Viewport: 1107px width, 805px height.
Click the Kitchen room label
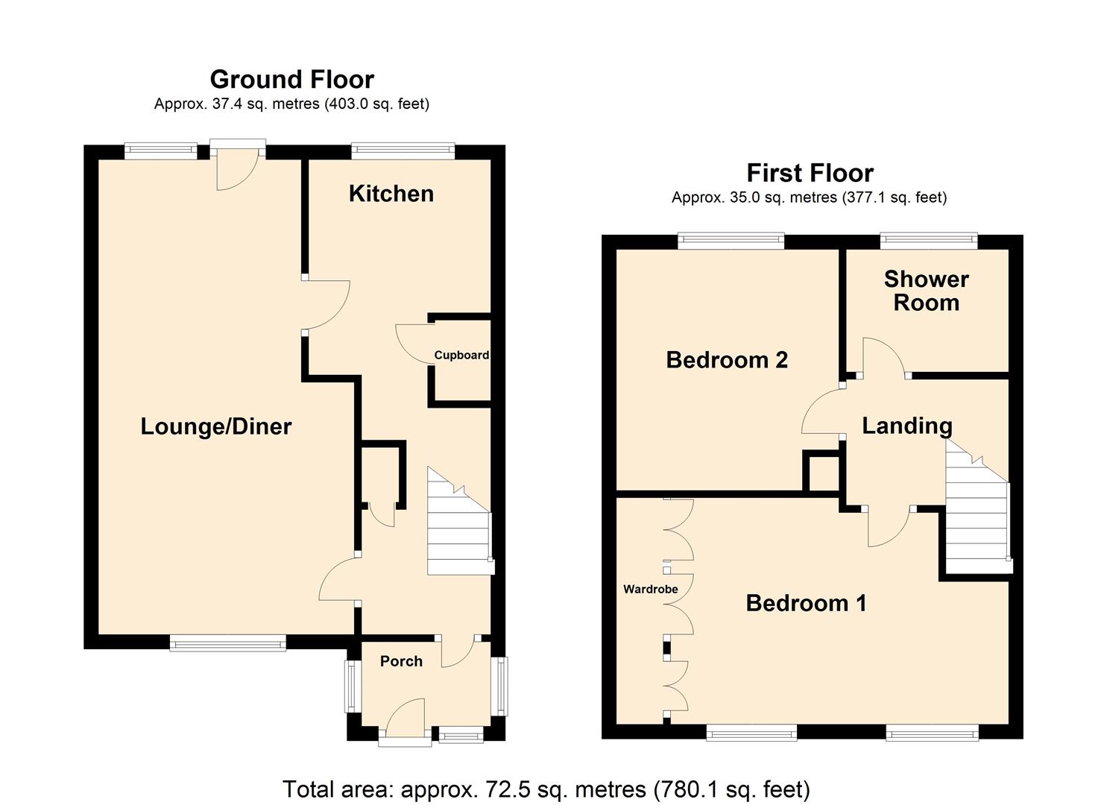(x=391, y=194)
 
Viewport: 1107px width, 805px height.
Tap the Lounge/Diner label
(x=215, y=426)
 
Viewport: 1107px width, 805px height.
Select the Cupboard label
(x=461, y=355)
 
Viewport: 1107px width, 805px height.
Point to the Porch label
(x=401, y=661)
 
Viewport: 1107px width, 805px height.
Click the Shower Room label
(x=926, y=291)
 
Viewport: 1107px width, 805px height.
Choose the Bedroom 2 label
(x=727, y=360)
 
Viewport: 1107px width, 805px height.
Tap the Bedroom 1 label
(x=806, y=602)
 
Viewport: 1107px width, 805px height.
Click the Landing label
(x=906, y=426)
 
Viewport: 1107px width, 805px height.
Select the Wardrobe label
(x=650, y=589)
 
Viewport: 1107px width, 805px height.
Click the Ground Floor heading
(x=291, y=79)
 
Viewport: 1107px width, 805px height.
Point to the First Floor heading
(x=810, y=173)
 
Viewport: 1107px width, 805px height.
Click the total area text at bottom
(x=546, y=789)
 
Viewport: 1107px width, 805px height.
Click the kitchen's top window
(x=403, y=151)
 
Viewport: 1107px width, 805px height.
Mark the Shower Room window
(x=928, y=240)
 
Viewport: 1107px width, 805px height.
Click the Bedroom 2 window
(x=731, y=240)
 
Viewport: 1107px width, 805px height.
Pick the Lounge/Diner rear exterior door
(x=237, y=165)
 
